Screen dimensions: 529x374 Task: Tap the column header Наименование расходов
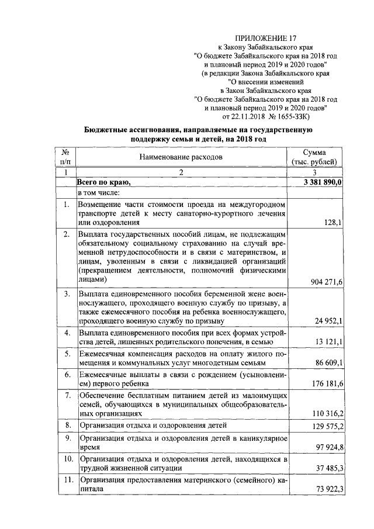[x=181, y=157]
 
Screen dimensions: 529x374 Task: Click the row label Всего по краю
[x=103, y=182]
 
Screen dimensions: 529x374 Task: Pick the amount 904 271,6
[x=323, y=282]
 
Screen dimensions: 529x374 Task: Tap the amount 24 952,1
[x=326, y=321]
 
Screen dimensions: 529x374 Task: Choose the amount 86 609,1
[x=326, y=363]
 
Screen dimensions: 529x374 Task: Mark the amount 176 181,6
[x=324, y=383]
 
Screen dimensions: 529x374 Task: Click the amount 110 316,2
[x=324, y=414]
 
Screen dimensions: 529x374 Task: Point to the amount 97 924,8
[x=326, y=448]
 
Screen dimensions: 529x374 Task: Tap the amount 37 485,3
[x=326, y=469]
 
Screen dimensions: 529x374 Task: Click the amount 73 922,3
[x=326, y=490]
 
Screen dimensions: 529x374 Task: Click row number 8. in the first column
[x=67, y=425]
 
